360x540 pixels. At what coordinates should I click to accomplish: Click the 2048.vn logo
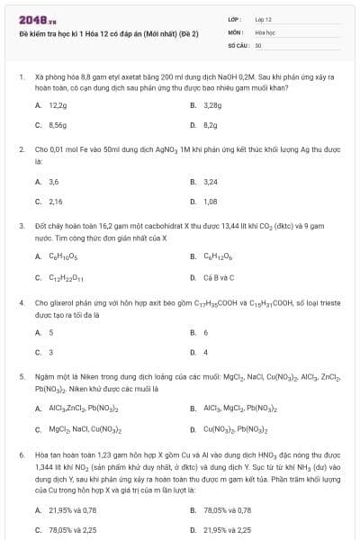point(32,20)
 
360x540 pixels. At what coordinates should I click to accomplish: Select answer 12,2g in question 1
point(58,105)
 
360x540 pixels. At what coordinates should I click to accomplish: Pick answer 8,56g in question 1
point(58,125)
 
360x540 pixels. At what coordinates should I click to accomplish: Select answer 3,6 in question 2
point(53,182)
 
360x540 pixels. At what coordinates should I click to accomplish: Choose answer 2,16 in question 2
point(55,202)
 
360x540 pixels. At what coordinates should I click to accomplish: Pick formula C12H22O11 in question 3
point(64,277)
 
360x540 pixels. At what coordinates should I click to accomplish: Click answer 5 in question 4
point(50,333)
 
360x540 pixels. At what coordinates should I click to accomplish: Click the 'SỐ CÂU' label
point(237,44)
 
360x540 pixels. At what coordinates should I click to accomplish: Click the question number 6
point(22,455)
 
